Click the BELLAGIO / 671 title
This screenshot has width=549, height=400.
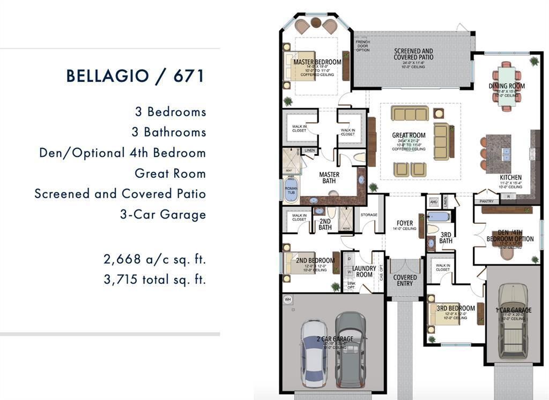click(136, 76)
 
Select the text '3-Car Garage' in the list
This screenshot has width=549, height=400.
click(163, 215)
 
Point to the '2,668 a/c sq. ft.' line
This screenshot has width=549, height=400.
click(154, 260)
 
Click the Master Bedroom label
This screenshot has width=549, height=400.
click(317, 62)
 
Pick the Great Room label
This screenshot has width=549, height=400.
click(409, 135)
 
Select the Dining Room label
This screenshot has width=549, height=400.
click(506, 86)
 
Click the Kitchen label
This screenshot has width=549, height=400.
click(510, 178)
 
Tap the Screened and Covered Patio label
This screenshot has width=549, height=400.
click(413, 54)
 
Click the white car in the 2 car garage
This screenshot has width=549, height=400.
click(313, 353)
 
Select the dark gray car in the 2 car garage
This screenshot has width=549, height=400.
click(350, 351)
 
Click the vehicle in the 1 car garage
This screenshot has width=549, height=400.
click(513, 321)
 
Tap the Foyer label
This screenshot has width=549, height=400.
click(405, 223)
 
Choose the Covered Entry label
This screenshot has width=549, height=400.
click(405, 280)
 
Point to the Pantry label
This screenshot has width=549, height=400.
click(487, 201)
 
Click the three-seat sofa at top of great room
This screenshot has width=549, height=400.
click(410, 114)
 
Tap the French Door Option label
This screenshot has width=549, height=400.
click(363, 46)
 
